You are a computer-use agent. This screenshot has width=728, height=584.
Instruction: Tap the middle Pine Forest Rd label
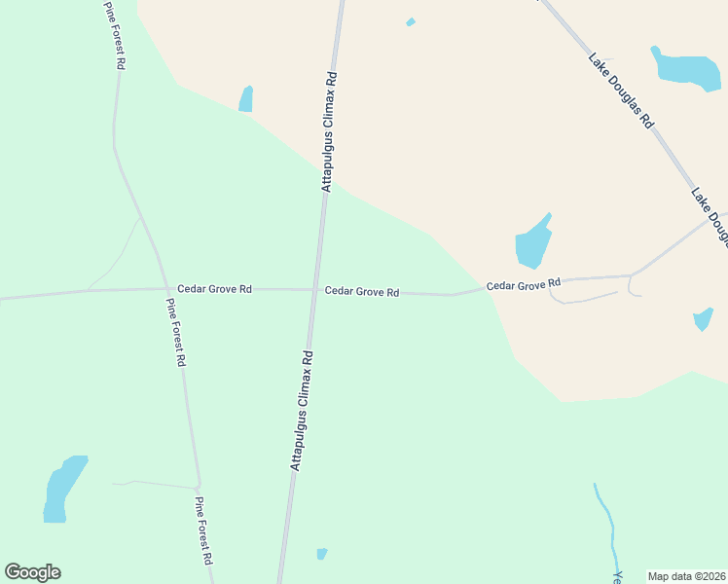point(175,332)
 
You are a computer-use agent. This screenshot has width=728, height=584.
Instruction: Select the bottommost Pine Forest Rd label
point(203,531)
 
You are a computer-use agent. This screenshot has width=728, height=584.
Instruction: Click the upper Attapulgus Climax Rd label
point(329,131)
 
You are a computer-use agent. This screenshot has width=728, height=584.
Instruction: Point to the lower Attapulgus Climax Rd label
point(300,411)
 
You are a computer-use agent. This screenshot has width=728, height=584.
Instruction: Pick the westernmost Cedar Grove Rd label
point(214,289)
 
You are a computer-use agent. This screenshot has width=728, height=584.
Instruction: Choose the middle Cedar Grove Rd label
point(362,291)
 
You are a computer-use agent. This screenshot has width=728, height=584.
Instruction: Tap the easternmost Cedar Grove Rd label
point(525,284)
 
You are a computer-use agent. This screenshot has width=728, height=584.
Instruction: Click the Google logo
point(33,572)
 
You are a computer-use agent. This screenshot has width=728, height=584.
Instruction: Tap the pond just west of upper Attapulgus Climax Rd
point(246,99)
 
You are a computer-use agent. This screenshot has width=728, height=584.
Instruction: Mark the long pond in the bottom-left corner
point(62,488)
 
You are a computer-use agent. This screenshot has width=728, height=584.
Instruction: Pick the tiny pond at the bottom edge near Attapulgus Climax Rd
point(322,554)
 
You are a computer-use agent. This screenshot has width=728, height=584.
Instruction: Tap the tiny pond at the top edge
point(411,21)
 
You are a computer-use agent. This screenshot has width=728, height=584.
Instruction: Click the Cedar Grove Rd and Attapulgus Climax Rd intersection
point(313,289)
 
